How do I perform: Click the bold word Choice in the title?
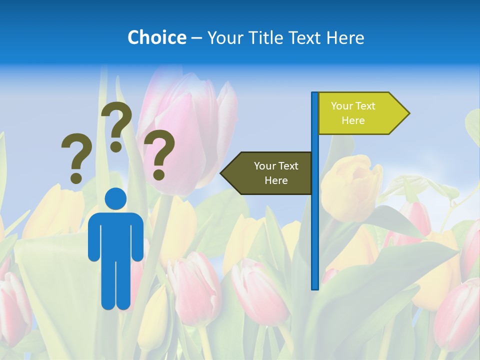pos(156,37)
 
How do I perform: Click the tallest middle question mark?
pos(116,125)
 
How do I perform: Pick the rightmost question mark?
pos(159,154)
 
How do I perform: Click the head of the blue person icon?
pos(115,198)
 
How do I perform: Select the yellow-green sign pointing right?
pos(360,113)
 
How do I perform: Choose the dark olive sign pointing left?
pos(270,173)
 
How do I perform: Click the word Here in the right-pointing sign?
pos(353,120)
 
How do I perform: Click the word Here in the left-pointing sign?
pos(276,180)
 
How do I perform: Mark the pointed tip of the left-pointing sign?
pos(221,173)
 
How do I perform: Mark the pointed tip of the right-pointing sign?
pos(408,113)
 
